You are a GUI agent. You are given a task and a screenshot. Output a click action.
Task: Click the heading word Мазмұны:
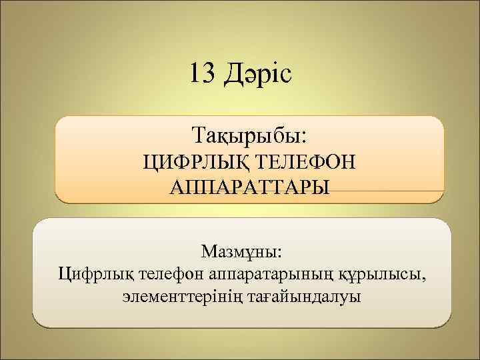pyautogui.click(x=241, y=253)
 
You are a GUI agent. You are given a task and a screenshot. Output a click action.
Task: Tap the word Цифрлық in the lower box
pyautogui.click(x=91, y=273)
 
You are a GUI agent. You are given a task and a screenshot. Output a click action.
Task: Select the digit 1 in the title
pyautogui.click(x=194, y=73)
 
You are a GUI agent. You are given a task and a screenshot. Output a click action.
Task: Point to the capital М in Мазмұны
pyautogui.click(x=208, y=252)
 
